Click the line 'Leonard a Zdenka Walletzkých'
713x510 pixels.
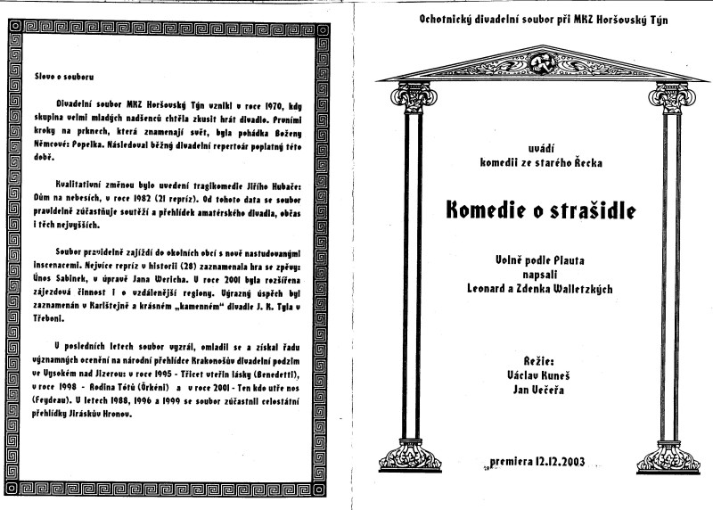point(535,287)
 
